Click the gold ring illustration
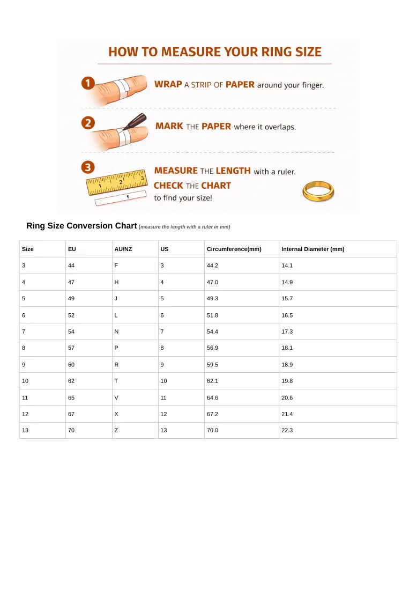tap(318, 191)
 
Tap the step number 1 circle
tap(88, 84)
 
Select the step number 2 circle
tap(88, 123)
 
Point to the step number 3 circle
tap(88, 167)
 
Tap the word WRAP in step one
tap(168, 84)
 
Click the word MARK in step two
tap(169, 126)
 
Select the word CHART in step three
tap(216, 186)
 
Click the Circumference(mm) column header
tap(234, 249)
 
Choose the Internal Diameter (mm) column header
tap(312, 249)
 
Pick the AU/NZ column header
tap(123, 249)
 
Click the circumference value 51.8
tap(212, 315)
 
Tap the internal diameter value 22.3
tap(287, 430)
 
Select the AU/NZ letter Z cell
tap(116, 430)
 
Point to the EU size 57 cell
tap(71, 348)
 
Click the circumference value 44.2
tap(212, 265)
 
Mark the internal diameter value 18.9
tap(287, 365)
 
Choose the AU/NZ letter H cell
tap(116, 282)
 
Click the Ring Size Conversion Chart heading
tap(81, 226)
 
